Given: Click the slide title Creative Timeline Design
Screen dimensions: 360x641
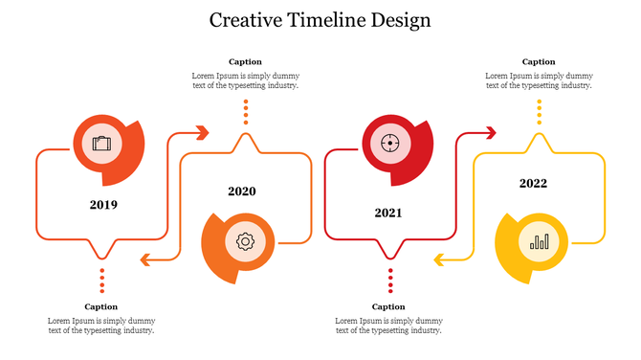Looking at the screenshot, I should coord(320,20).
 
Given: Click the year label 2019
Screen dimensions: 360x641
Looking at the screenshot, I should coord(103,204).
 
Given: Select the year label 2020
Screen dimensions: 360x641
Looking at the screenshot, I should coord(242,191).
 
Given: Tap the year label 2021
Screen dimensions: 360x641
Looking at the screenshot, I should coord(388,213).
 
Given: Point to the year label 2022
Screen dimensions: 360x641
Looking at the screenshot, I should coord(534,183).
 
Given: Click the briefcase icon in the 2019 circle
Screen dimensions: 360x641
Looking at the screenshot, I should coord(101,144).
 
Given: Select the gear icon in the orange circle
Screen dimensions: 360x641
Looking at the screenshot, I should coord(245,241).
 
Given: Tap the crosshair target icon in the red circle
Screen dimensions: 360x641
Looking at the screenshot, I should coord(388,144).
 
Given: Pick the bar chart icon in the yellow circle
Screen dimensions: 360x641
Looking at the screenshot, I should coord(540,241).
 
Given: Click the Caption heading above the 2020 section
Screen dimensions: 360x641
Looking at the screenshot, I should coord(245,62).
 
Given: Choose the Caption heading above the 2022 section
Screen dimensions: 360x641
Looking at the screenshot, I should coord(539,62).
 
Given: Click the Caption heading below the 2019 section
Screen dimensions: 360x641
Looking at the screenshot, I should coord(101,307).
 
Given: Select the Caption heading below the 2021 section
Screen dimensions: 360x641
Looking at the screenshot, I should coord(388,307).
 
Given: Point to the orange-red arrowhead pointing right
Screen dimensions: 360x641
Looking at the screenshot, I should coord(202,132).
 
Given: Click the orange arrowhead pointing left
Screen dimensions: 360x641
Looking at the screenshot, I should coord(144,259).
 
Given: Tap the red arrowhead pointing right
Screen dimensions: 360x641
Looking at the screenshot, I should coord(491,132).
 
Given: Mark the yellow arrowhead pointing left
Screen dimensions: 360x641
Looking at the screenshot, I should coord(438,259).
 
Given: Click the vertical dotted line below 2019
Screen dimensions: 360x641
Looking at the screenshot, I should coord(102,281).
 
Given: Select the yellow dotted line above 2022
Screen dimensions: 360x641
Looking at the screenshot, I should coord(539,113).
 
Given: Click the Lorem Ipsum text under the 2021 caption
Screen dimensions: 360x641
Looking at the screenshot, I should coord(388,326).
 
